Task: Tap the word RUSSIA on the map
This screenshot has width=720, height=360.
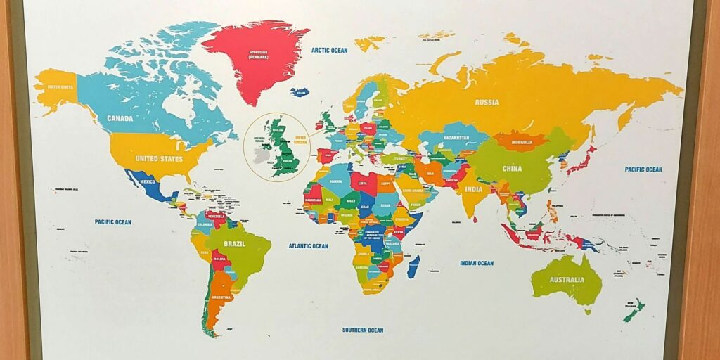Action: pyautogui.click(x=487, y=102)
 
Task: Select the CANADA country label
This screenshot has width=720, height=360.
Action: pyautogui.click(x=120, y=118)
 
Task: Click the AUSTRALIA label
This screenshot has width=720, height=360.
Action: pyautogui.click(x=567, y=280)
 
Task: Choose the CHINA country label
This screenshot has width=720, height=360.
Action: pyautogui.click(x=512, y=169)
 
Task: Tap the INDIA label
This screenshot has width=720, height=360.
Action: pyautogui.click(x=474, y=189)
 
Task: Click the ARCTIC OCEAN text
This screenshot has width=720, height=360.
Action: pyautogui.click(x=330, y=50)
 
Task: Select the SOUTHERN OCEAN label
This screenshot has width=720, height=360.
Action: pyautogui.click(x=363, y=330)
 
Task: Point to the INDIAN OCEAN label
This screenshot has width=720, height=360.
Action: pyautogui.click(x=477, y=263)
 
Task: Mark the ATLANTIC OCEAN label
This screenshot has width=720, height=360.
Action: pyautogui.click(x=308, y=246)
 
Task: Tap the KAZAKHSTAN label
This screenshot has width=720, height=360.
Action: pyautogui.click(x=456, y=138)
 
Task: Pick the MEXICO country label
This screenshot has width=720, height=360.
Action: pyautogui.click(x=148, y=181)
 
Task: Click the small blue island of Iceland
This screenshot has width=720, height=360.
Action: pyautogui.click(x=300, y=92)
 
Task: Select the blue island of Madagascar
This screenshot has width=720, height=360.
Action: pyautogui.click(x=413, y=266)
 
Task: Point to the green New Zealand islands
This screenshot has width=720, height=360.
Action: pyautogui.click(x=634, y=309)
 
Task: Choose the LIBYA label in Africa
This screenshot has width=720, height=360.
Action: pyautogui.click(x=363, y=183)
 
